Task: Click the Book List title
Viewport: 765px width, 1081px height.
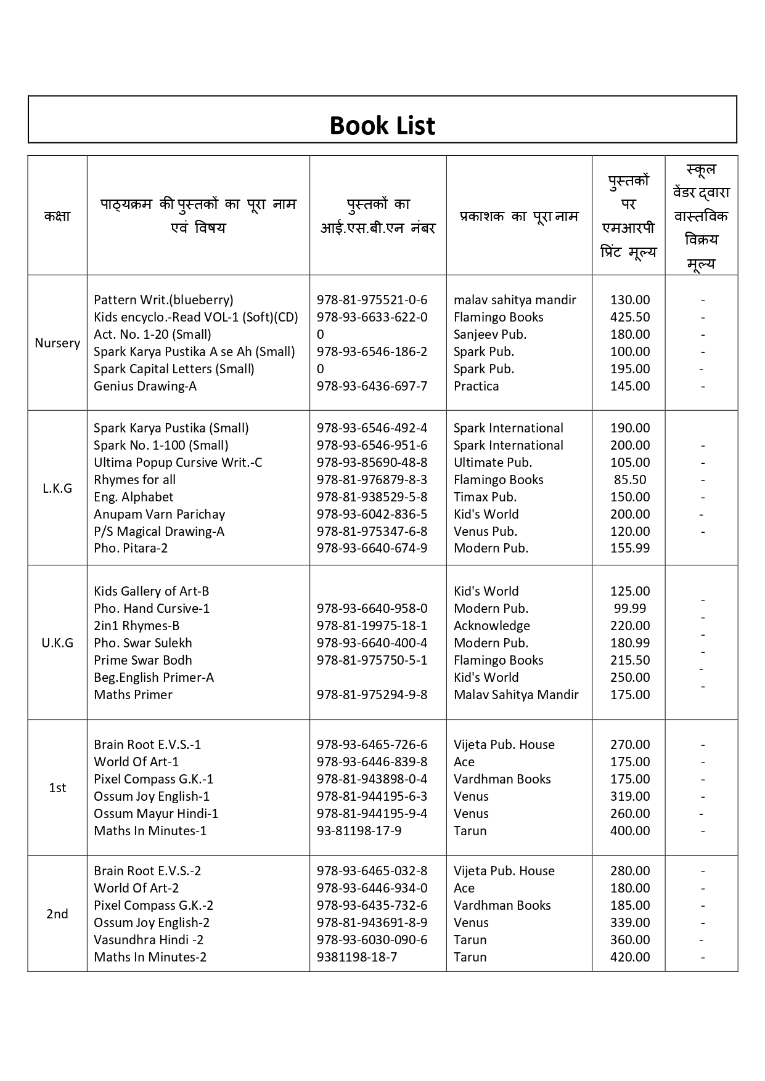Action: pyautogui.click(x=382, y=126)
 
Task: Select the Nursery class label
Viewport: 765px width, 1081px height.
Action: pyautogui.click(x=57, y=343)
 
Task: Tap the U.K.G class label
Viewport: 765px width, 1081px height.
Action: pyautogui.click(x=57, y=643)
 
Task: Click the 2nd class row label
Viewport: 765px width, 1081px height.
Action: pyautogui.click(x=57, y=914)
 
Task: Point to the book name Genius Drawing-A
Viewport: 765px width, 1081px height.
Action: pyautogui.click(x=145, y=386)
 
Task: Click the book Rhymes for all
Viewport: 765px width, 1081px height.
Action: pyautogui.click(x=134, y=480)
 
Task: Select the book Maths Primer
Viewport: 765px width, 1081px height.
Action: pyautogui.click(x=133, y=695)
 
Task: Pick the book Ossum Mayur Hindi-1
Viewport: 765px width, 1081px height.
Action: pyautogui.click(x=156, y=814)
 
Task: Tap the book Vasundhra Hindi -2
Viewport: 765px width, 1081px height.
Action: pyautogui.click(x=149, y=940)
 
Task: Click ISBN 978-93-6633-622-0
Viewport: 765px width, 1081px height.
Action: pyautogui.click(x=372, y=317)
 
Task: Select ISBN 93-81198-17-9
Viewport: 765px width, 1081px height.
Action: pyautogui.click(x=359, y=831)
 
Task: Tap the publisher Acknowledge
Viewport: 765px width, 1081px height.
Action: pyautogui.click(x=492, y=626)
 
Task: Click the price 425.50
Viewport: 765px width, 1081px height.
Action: pyautogui.click(x=630, y=317)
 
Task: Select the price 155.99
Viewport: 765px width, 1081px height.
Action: pyautogui.click(x=630, y=548)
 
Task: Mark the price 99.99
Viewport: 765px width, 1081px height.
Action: pyautogui.click(x=630, y=609)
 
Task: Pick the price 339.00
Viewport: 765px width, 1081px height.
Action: pyautogui.click(x=630, y=923)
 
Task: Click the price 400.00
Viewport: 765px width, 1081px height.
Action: pyautogui.click(x=630, y=831)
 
